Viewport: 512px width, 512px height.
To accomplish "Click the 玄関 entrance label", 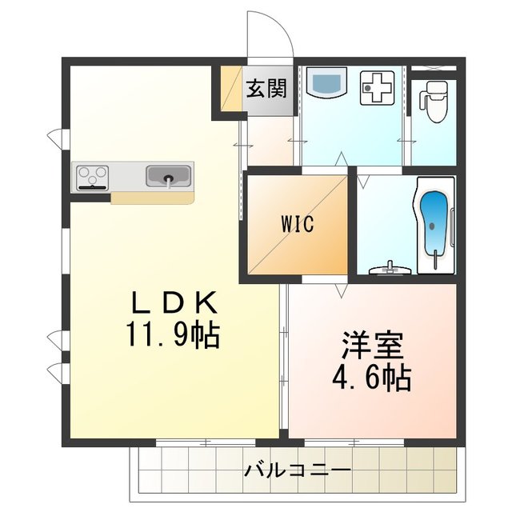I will (x=266, y=89).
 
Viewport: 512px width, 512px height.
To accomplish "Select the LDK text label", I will (x=174, y=303).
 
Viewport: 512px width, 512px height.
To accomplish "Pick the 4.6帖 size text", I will (x=373, y=377).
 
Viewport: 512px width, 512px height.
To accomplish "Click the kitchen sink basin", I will (x=168, y=175).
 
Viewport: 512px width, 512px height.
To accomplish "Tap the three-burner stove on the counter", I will (x=94, y=176).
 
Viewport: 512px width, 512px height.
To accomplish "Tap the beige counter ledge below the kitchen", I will (x=151, y=197).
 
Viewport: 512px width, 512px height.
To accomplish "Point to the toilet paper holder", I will (x=422, y=101).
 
